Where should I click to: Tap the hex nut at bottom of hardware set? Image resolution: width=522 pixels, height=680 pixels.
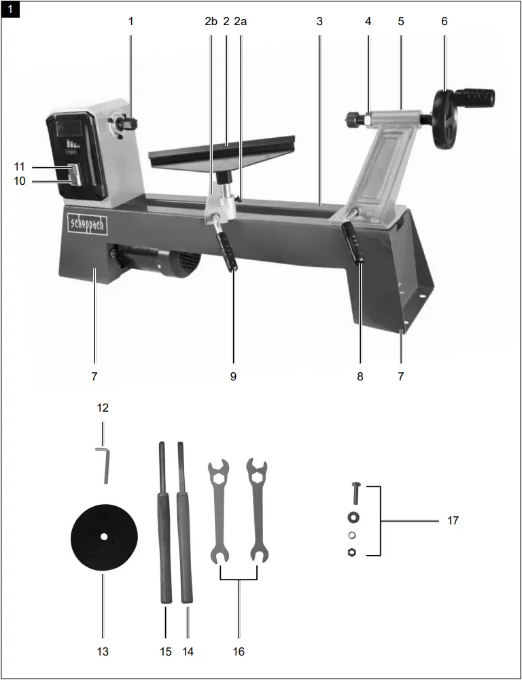point(352,552)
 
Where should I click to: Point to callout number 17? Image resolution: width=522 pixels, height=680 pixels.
point(453,521)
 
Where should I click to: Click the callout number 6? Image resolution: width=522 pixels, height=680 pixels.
point(445,21)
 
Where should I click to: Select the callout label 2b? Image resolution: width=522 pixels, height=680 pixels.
point(211,21)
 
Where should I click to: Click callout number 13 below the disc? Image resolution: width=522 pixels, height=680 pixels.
point(103,651)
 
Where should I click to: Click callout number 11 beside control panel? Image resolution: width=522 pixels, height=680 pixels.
point(20,166)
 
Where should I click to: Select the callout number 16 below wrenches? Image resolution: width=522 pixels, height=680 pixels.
point(239,651)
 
